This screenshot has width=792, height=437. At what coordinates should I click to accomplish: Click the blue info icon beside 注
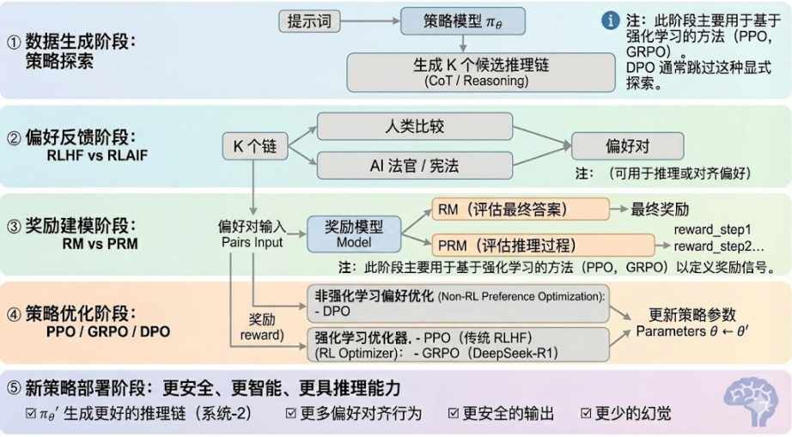pyautogui.click(x=611, y=19)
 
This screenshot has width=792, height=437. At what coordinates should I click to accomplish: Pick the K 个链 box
pyautogui.click(x=253, y=146)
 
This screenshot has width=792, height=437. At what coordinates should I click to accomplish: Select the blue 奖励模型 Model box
pyautogui.click(x=354, y=233)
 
